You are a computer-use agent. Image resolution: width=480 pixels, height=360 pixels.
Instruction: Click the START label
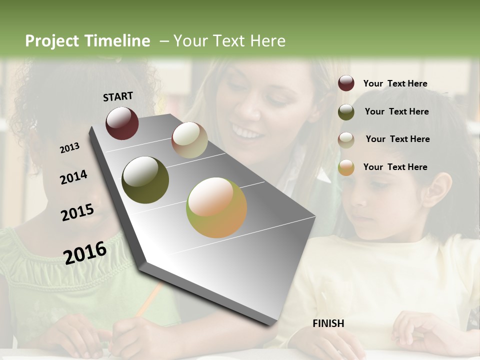tap(118, 96)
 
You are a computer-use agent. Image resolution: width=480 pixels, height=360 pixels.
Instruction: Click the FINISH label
tap(328, 323)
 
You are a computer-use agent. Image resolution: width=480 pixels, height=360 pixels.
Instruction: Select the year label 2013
tap(69, 148)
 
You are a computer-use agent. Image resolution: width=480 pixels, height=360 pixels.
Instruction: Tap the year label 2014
tap(73, 177)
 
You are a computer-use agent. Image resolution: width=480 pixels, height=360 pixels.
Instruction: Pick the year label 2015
tap(77, 212)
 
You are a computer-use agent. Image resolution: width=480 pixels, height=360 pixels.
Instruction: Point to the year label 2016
tap(85, 252)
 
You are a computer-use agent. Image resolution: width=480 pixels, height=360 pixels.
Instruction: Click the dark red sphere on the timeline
tap(122, 123)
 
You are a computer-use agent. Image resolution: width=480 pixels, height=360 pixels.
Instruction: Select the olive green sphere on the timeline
tap(145, 180)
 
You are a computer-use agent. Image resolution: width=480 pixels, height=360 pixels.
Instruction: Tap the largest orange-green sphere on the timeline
tap(216, 207)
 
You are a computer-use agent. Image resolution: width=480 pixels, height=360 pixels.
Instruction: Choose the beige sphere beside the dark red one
tap(189, 140)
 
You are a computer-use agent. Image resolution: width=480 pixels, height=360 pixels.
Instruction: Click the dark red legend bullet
tap(346, 83)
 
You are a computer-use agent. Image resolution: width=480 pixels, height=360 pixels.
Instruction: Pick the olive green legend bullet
tap(346, 112)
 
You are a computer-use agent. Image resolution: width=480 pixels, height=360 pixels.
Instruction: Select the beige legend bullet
tap(346, 140)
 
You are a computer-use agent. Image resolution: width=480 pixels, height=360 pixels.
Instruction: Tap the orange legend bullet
tap(346, 168)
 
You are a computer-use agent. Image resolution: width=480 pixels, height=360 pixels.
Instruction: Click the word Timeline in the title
tap(117, 41)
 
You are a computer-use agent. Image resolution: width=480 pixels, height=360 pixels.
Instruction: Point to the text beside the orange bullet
tap(395, 167)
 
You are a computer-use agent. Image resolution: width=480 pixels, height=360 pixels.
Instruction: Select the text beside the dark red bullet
tap(395, 83)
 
